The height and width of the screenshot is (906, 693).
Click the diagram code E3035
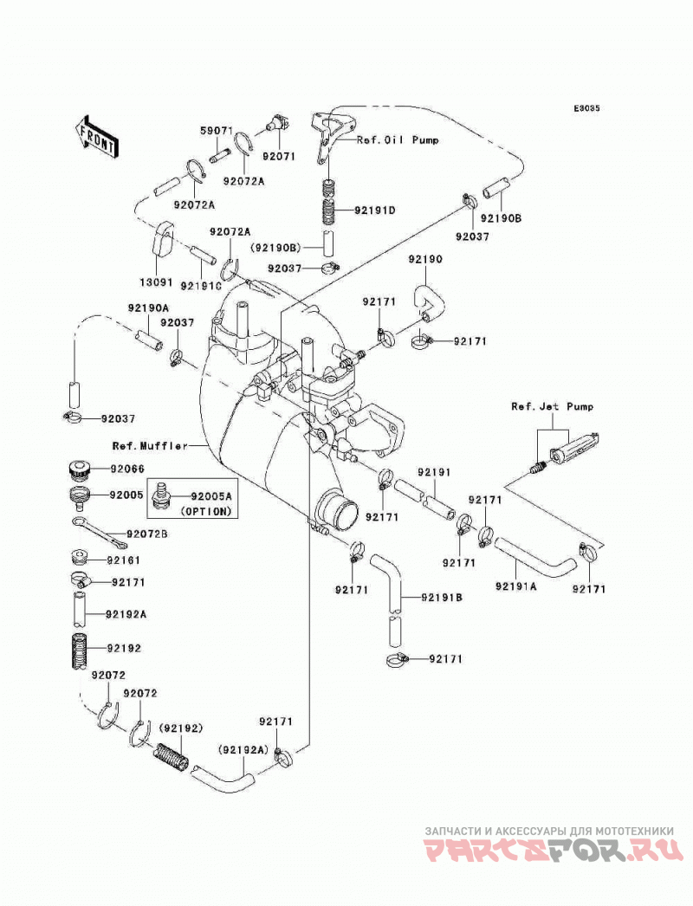586,108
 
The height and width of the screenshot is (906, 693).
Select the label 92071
279,156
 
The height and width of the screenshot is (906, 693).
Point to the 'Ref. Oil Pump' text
398,139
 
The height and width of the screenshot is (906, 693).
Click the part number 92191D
375,210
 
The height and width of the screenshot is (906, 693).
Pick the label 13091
156,282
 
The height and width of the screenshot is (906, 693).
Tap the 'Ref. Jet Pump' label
552,407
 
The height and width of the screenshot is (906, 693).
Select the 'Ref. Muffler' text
150,445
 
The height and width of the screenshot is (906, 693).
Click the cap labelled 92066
77,470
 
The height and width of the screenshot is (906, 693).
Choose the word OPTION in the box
206,511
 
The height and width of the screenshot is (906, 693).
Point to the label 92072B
147,534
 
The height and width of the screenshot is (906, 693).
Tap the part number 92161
123,560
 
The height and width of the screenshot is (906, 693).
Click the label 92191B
442,598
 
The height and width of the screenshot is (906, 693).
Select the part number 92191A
515,586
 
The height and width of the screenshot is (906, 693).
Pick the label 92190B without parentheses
501,218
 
